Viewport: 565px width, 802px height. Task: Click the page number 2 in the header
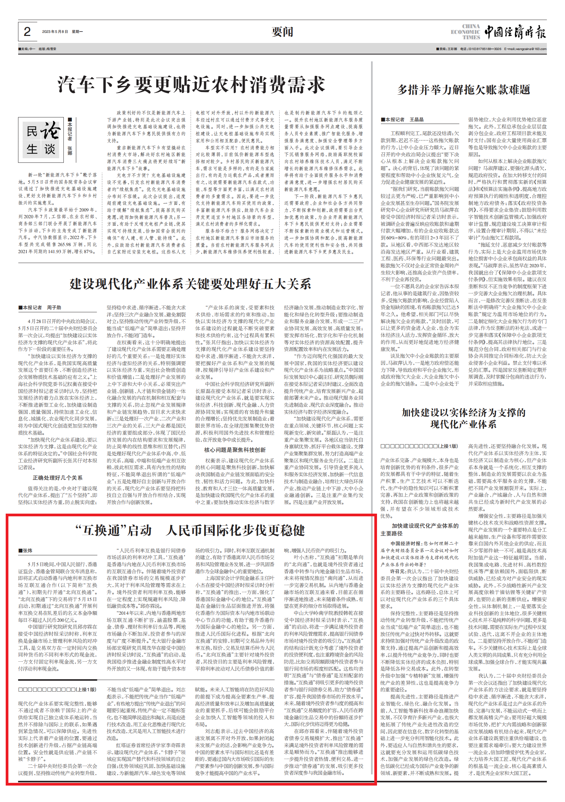[x=27, y=32]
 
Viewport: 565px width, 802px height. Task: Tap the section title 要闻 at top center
[x=282, y=32]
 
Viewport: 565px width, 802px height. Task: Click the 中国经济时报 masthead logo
[x=515, y=32]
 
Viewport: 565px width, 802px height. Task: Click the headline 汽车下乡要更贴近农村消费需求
[x=191, y=85]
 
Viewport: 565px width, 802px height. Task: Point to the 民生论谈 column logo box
[x=41, y=140]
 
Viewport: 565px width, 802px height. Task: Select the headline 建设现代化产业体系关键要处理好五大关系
[x=190, y=284]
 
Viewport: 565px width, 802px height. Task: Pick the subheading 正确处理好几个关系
[x=58, y=477]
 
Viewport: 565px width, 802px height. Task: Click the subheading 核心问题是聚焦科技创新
[x=235, y=450]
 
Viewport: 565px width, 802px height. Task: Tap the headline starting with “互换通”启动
[x=190, y=531]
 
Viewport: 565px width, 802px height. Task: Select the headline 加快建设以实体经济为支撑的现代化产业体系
[x=463, y=418]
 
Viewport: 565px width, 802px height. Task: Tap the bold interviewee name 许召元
[x=397, y=571]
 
